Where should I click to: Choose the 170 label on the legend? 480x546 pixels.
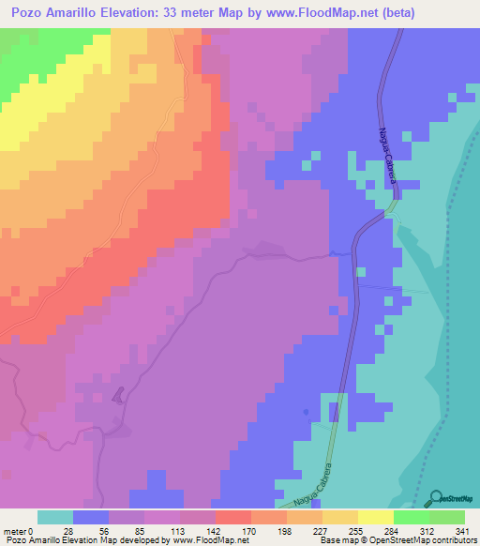pos(247,530)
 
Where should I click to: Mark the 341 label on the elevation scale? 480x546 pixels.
pos(462,530)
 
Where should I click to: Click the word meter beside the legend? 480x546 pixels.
pos(16,530)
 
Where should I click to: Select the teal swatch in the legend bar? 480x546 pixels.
pos(55,517)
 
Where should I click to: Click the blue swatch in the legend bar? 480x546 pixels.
pos(91,517)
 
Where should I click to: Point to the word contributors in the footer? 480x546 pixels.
pos(453,541)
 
